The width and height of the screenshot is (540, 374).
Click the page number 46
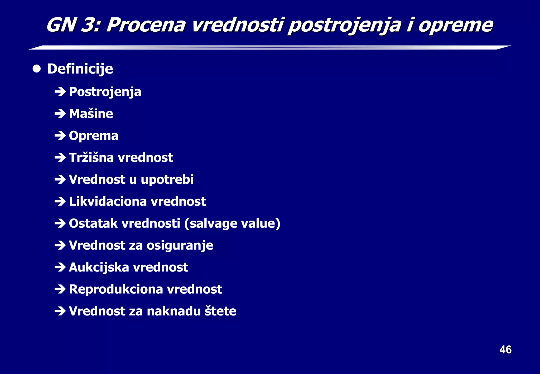505,350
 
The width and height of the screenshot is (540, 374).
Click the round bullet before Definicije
37,69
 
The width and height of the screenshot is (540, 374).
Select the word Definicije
80,69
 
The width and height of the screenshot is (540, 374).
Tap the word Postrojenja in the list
105,92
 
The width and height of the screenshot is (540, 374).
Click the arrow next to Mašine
60,114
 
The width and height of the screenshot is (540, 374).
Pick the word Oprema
93,136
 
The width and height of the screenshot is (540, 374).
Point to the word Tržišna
91,158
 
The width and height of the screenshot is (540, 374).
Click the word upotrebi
167,180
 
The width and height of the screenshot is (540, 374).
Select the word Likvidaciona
107,202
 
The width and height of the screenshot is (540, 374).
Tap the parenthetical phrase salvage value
232,224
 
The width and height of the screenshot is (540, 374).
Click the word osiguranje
180,246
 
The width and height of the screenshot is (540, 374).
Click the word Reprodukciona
116,289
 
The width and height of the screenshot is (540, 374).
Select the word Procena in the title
146,25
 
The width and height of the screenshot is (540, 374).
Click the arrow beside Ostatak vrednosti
60,224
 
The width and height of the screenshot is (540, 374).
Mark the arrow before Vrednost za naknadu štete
60,311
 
